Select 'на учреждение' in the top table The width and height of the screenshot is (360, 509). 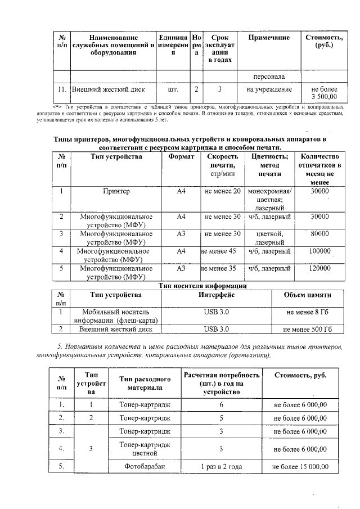[269, 89]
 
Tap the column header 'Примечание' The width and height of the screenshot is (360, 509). [269, 38]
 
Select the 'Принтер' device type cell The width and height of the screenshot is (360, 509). [116, 192]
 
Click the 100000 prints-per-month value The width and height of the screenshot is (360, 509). [319, 251]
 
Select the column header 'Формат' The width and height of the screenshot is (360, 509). [181, 157]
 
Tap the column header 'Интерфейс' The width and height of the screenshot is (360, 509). [216, 295]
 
